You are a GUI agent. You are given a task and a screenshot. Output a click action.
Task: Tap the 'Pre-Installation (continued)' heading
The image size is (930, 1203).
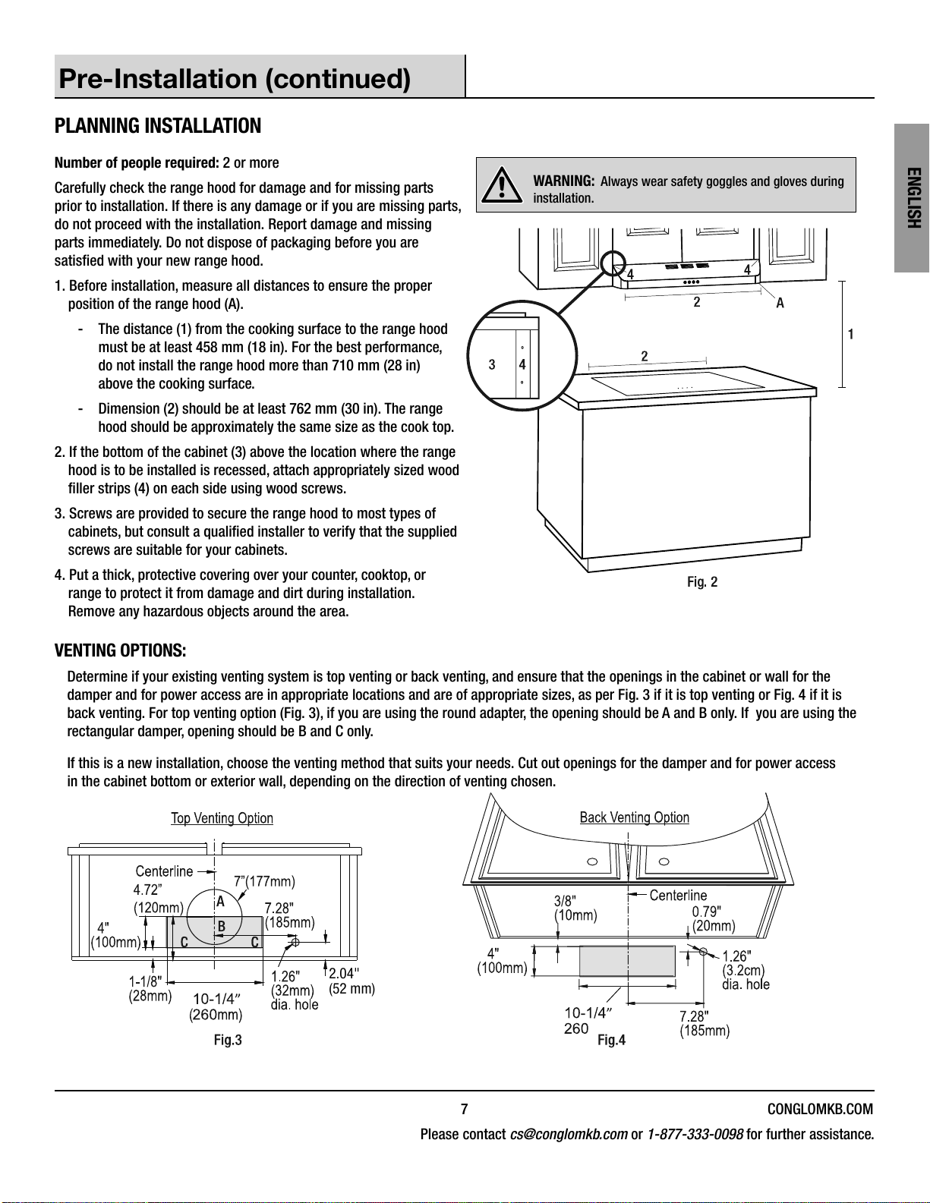(235, 78)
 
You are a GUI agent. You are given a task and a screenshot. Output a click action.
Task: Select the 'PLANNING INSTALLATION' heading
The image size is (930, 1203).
(158, 126)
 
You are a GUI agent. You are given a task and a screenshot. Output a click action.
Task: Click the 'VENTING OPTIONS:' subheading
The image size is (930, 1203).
(121, 651)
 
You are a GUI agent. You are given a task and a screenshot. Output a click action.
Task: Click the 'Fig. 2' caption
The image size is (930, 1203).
(702, 582)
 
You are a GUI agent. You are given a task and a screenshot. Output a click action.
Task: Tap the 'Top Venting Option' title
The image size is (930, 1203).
(222, 818)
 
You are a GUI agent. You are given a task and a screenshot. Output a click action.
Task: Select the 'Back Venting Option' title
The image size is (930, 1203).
(634, 817)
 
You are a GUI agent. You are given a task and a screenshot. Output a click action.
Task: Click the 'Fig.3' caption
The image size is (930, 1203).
(228, 1040)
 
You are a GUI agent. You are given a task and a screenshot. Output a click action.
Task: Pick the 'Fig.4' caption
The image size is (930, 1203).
(611, 1040)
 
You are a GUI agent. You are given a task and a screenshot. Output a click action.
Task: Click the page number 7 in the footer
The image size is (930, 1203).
(465, 1109)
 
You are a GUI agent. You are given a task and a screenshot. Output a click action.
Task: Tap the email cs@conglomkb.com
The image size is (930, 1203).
(569, 1135)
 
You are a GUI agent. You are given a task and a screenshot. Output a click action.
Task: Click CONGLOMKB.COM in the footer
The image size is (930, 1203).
(820, 1109)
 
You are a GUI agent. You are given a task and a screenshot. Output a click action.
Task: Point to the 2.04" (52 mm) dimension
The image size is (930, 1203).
(351, 981)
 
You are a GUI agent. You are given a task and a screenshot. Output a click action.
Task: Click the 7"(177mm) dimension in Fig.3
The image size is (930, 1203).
(264, 881)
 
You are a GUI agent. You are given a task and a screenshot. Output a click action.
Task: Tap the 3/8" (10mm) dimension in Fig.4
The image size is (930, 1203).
(575, 908)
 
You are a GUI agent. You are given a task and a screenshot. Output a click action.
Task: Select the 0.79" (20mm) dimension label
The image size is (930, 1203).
(713, 918)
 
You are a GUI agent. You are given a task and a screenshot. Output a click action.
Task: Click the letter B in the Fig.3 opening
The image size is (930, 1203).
(222, 927)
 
